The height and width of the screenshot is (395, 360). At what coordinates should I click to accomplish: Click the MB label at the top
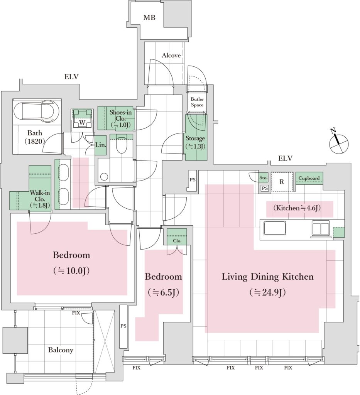pyautogui.click(x=149, y=18)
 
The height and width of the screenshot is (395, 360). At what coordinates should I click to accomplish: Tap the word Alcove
pyautogui.click(x=171, y=56)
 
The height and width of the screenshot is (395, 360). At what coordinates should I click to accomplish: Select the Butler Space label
pyautogui.click(x=197, y=102)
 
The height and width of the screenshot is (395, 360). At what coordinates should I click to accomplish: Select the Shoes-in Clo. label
pyautogui.click(x=120, y=119)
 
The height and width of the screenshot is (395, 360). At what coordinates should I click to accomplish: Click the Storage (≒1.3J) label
pyautogui.click(x=195, y=142)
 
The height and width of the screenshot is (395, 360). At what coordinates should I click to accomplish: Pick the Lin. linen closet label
pyautogui.click(x=101, y=145)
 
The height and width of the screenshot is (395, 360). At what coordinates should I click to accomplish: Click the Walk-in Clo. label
pyautogui.click(x=40, y=199)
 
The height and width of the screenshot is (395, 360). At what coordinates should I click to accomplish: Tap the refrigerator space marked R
pyautogui.click(x=282, y=182)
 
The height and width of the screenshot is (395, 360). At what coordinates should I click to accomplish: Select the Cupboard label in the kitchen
pyautogui.click(x=309, y=178)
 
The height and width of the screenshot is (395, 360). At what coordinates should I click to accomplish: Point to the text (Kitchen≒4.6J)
pyautogui.click(x=297, y=208)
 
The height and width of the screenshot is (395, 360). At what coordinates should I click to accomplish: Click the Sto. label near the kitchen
pyautogui.click(x=263, y=178)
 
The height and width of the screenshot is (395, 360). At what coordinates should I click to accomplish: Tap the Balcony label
pyautogui.click(x=61, y=350)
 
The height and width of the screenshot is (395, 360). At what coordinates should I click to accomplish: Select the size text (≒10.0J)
pyautogui.click(x=71, y=271)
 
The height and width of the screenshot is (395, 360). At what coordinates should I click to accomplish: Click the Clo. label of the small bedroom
pyautogui.click(x=177, y=241)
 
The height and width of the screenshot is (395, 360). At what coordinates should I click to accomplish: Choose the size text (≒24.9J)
pyautogui.click(x=267, y=293)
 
